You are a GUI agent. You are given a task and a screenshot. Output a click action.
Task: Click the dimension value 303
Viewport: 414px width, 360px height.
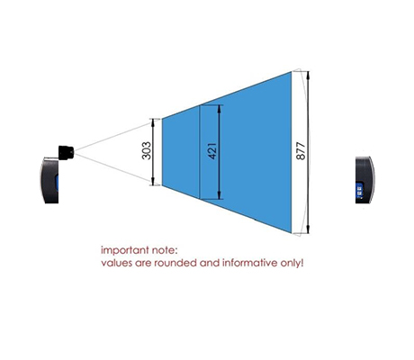click(146, 150)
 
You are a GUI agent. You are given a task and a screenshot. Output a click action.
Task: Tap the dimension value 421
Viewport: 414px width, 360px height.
click(211, 151)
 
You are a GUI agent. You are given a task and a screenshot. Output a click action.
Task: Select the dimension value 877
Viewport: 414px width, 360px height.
click(301, 151)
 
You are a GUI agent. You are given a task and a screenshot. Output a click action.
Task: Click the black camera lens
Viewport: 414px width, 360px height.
click(66, 152)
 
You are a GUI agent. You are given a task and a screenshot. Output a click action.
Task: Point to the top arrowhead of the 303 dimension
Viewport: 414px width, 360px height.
click(153, 121)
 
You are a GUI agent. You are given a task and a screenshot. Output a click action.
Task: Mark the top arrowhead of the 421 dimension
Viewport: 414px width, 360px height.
click(220, 108)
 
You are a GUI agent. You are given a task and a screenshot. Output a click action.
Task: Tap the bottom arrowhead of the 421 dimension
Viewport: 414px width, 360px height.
click(220, 196)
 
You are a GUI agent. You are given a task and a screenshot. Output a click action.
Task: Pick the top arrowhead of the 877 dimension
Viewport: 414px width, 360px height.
click(308, 75)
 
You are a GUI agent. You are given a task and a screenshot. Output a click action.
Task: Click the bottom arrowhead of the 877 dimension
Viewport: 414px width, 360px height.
click(308, 229)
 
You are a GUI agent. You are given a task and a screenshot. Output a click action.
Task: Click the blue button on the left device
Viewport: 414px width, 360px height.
click(56, 184)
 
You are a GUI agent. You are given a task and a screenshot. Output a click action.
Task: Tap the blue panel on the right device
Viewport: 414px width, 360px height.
click(359, 190)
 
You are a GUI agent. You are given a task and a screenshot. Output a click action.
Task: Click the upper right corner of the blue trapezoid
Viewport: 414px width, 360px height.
click(292, 71)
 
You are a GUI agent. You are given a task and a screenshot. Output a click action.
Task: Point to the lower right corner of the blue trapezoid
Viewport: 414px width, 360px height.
click(292, 232)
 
